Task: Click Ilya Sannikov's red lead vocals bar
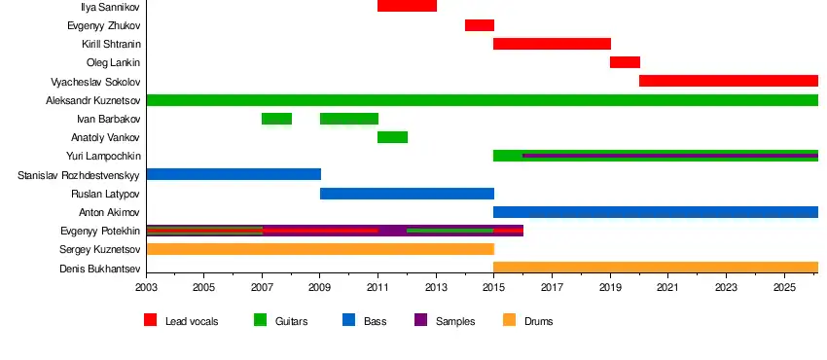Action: coord(407,6)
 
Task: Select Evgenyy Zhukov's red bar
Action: coord(480,24)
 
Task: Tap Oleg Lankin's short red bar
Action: coord(625,62)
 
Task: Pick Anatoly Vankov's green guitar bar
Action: coord(392,137)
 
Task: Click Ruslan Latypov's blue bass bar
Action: coord(407,194)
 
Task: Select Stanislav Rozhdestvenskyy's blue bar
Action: coord(234,174)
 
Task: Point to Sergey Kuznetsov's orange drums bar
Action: coord(320,249)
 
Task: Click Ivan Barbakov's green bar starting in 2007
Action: coord(277,119)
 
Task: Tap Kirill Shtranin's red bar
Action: coord(553,44)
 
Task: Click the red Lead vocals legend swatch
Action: coord(150,320)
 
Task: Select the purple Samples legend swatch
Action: coord(421,320)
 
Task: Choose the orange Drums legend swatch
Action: coord(509,320)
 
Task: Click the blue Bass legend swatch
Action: coord(348,320)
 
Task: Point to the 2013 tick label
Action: coord(436,288)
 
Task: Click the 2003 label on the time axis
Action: coord(147,288)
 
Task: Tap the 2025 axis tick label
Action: coord(784,288)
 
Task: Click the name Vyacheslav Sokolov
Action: coord(95,82)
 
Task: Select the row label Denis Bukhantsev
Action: coord(99,269)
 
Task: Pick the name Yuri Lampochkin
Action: coord(103,156)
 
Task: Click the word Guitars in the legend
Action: coord(291,321)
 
